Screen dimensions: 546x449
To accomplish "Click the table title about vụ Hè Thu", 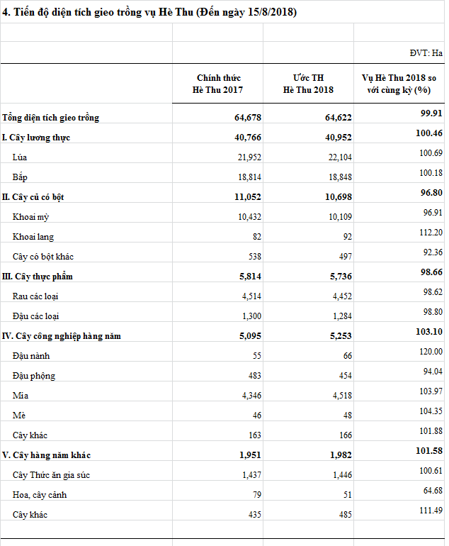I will click(x=149, y=13).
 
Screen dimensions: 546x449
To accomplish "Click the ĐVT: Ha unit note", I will click(x=426, y=52).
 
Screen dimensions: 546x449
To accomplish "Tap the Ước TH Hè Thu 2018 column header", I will click(x=308, y=84).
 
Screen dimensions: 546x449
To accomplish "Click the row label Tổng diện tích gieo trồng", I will click(x=50, y=118).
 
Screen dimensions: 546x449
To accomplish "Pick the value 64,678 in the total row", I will click(x=248, y=118).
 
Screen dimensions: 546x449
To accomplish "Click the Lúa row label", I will click(x=21, y=157).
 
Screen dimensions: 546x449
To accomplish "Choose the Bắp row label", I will click(x=21, y=177).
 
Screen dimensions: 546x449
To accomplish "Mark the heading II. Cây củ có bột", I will click(x=38, y=197).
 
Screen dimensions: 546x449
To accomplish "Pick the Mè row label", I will click(x=19, y=416).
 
